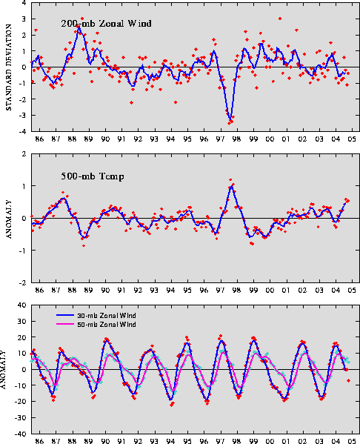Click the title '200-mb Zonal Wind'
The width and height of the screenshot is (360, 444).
106,23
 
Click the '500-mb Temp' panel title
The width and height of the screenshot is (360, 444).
93,176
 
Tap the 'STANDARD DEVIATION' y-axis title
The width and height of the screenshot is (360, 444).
9,67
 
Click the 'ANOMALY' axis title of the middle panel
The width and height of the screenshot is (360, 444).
9,219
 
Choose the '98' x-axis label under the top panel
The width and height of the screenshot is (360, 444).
236,139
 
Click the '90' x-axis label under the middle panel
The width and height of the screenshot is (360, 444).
105,291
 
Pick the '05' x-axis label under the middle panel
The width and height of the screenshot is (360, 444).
352,291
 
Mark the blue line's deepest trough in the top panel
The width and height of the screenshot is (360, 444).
230,119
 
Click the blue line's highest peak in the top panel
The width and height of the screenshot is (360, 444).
79,27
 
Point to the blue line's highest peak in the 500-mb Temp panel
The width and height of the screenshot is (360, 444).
232,186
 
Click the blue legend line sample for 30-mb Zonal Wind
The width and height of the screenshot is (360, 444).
64,315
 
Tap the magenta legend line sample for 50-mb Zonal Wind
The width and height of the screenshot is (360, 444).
64,324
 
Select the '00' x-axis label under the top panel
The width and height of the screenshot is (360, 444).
270,139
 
